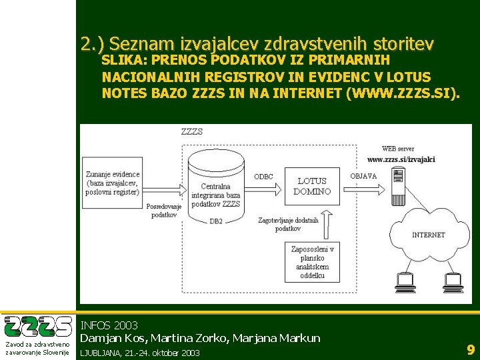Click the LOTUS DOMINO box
coord(312,186)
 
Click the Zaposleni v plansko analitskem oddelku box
coord(313,262)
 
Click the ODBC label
coord(264,177)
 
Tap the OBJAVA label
coord(363,176)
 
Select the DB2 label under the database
coord(215,221)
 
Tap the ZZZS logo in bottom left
coord(38,327)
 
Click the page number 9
coord(470,349)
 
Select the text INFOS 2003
coord(109,325)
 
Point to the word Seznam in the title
coord(142,44)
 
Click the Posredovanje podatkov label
coord(164,211)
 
